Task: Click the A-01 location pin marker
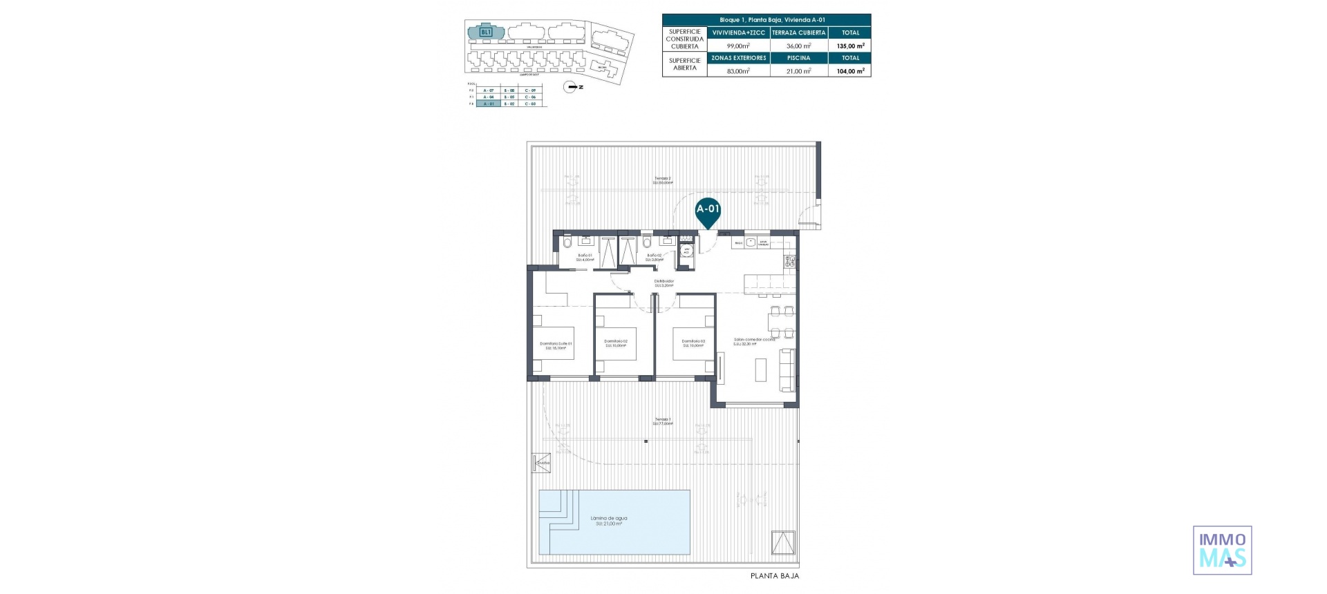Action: pyautogui.click(x=708, y=211)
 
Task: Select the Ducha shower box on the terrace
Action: pyautogui.click(x=541, y=463)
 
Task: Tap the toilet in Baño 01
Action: pyautogui.click(x=567, y=242)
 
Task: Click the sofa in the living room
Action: pyautogui.click(x=787, y=370)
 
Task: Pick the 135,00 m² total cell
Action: pyautogui.click(x=850, y=46)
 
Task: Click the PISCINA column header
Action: pyautogui.click(x=798, y=58)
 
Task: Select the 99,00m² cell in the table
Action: pyautogui.click(x=738, y=46)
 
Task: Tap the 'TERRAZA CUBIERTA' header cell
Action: pyautogui.click(x=798, y=32)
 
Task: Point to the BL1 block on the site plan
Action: pyautogui.click(x=486, y=32)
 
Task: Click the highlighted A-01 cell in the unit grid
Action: pyautogui.click(x=489, y=104)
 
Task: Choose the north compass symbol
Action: pyautogui.click(x=572, y=87)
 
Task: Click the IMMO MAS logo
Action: pyautogui.click(x=1222, y=550)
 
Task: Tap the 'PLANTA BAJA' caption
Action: pyautogui.click(x=774, y=576)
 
